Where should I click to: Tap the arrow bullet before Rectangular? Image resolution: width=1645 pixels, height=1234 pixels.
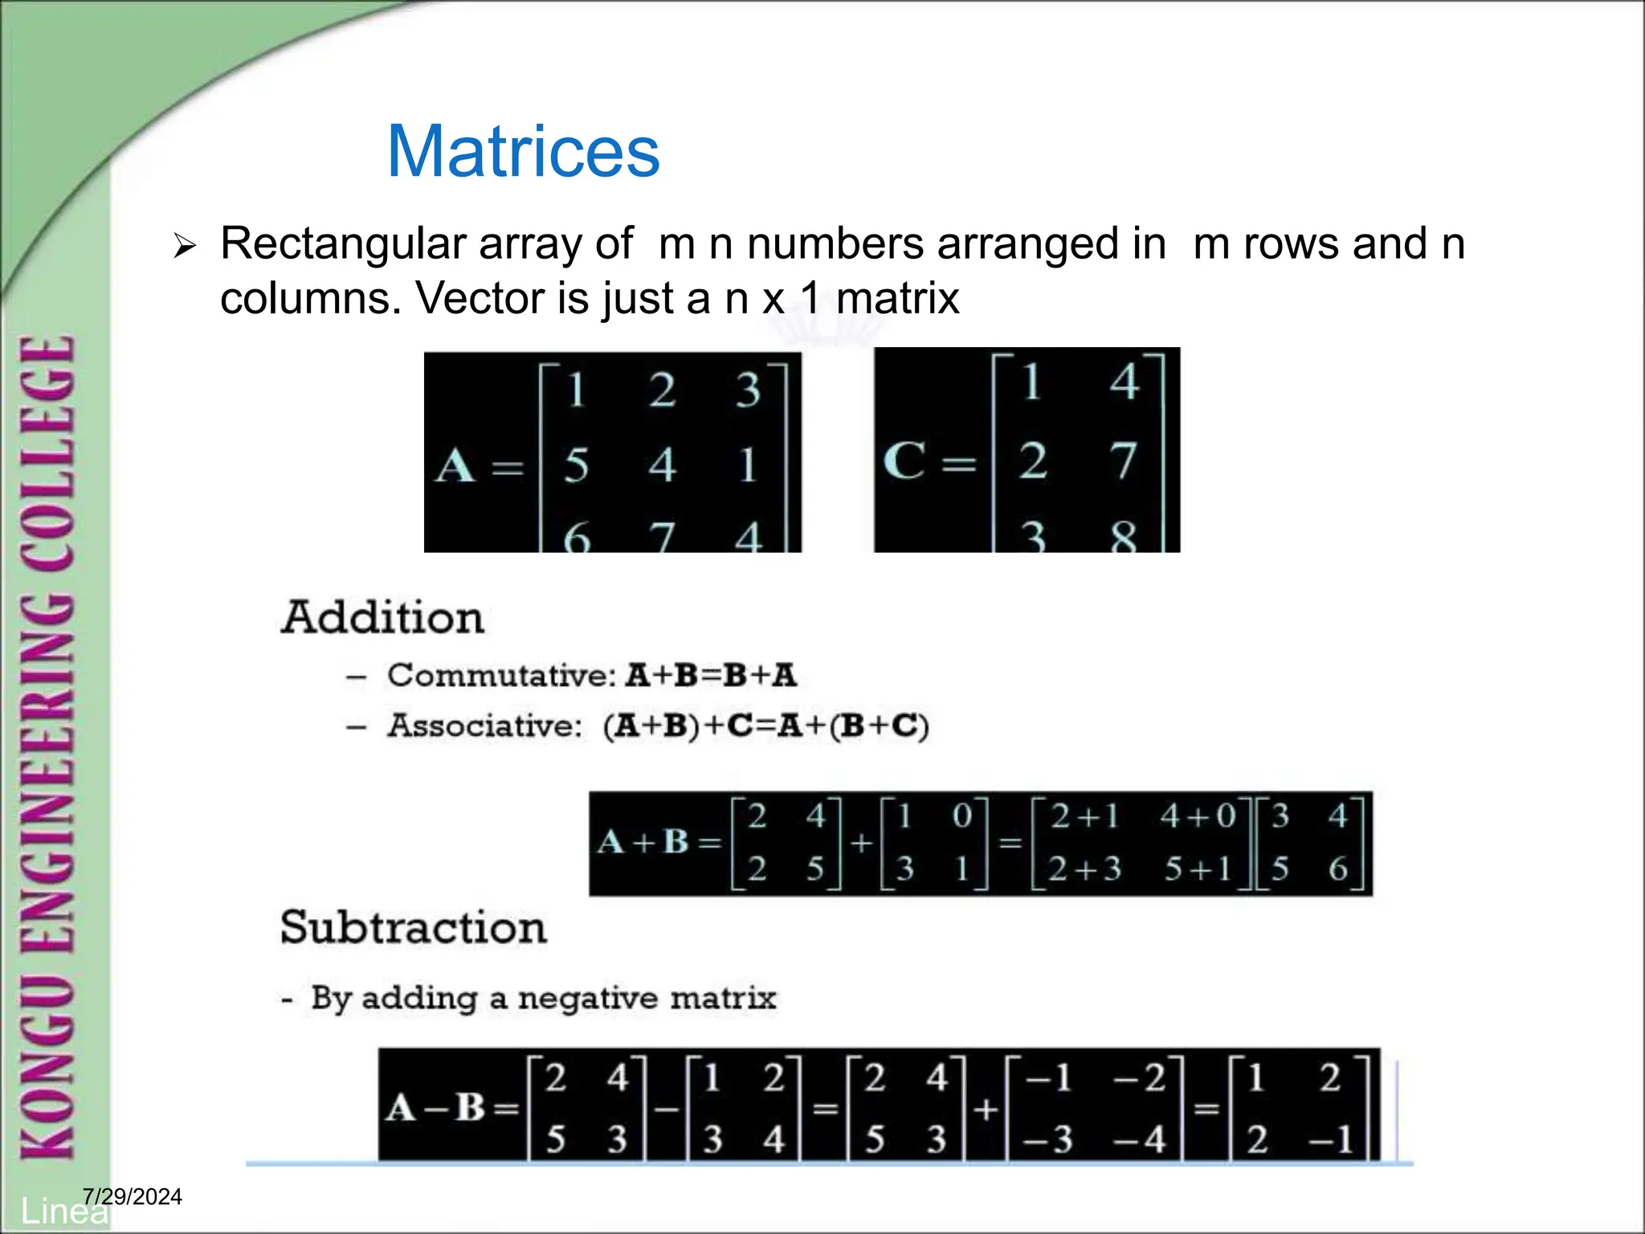(x=185, y=246)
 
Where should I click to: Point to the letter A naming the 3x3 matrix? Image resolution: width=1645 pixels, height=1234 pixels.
(x=455, y=465)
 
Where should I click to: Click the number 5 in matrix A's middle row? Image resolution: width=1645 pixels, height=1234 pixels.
(x=576, y=465)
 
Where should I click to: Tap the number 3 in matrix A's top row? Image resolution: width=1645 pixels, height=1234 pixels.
(x=748, y=390)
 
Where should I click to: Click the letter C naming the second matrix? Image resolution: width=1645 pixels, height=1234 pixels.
(x=904, y=461)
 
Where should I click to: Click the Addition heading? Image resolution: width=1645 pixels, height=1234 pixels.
(x=382, y=618)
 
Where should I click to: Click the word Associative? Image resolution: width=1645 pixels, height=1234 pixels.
(x=484, y=725)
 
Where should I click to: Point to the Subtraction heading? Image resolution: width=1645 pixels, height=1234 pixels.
(x=413, y=927)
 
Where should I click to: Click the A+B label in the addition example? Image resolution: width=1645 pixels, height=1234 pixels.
(x=643, y=842)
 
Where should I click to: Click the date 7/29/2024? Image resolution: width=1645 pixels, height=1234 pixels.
(x=133, y=1197)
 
